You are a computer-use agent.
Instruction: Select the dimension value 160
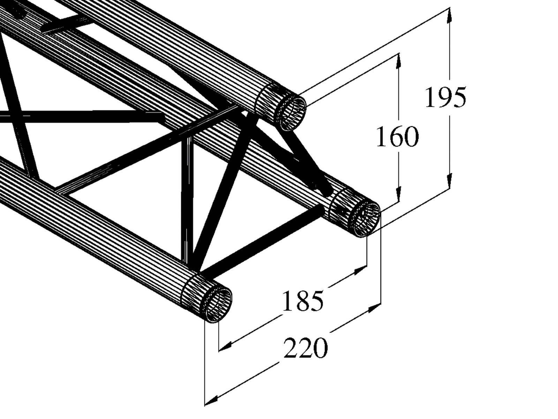coord(397,137)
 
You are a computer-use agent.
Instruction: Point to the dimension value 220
coord(306,348)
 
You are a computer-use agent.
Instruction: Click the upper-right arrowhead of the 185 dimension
coord(360,270)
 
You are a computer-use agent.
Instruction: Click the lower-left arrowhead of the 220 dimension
coord(211,399)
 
